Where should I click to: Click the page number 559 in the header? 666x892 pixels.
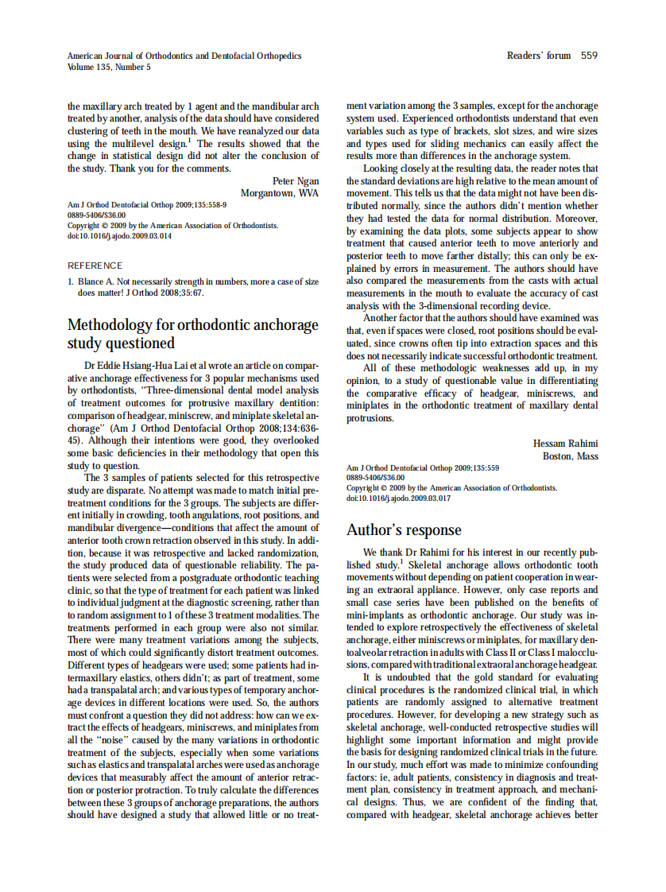(x=589, y=56)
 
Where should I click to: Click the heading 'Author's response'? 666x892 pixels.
(x=404, y=530)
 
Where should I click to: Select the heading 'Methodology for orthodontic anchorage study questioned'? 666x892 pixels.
(x=193, y=334)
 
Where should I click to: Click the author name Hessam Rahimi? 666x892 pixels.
(x=565, y=444)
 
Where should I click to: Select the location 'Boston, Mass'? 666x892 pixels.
(x=571, y=456)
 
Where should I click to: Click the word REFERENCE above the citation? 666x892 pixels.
(x=96, y=266)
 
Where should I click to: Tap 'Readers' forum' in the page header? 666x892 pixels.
(x=539, y=56)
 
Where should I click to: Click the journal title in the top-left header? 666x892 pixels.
(x=184, y=56)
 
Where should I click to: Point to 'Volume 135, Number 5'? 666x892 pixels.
(x=109, y=68)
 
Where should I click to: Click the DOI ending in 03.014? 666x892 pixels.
(x=119, y=236)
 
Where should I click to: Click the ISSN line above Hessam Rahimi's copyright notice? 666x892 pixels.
(x=375, y=478)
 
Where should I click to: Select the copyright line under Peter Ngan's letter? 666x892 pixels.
(x=172, y=226)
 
